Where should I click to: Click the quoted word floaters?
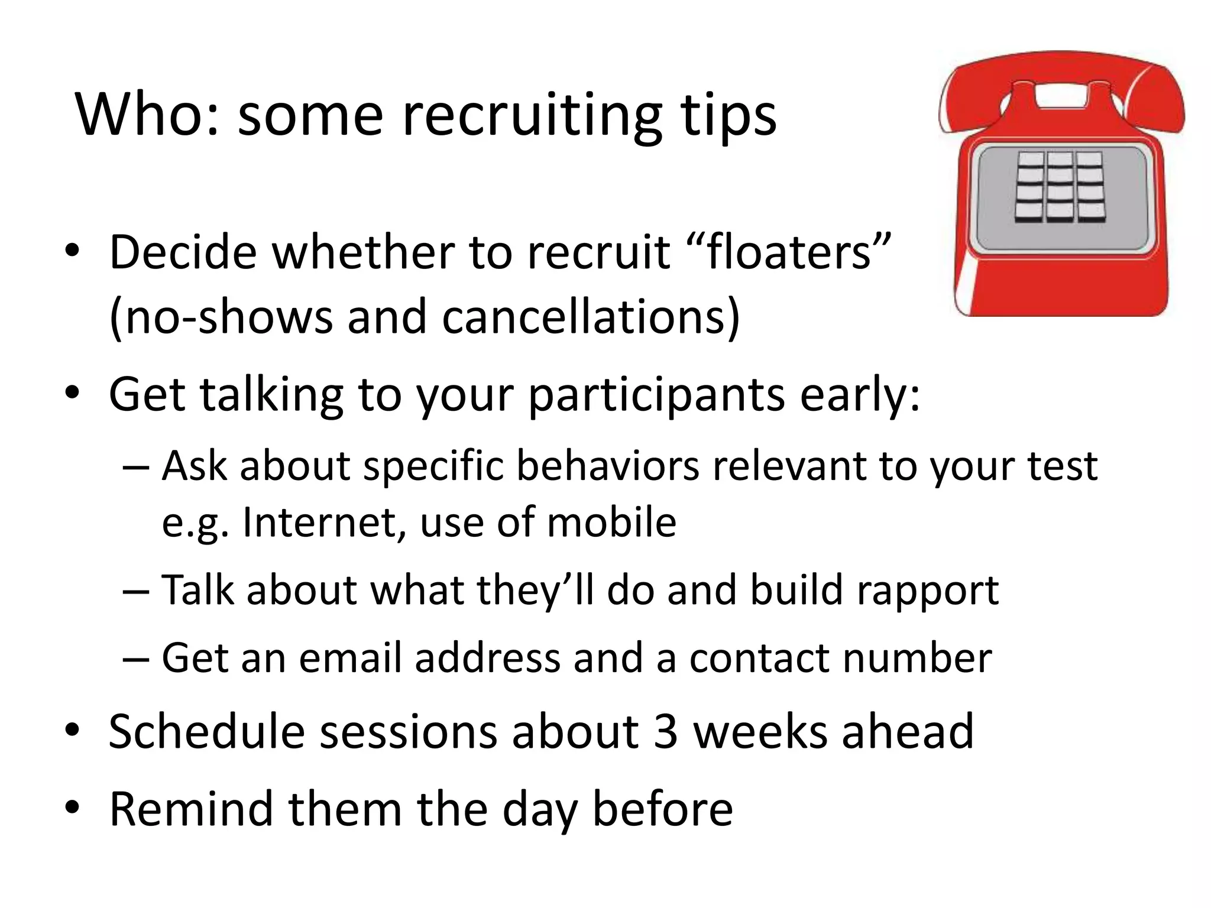coord(790,252)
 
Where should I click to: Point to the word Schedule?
coord(206,732)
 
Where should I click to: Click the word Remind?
coord(191,809)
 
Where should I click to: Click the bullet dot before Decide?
coord(72,252)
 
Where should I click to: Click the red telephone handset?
coord(1061,83)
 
